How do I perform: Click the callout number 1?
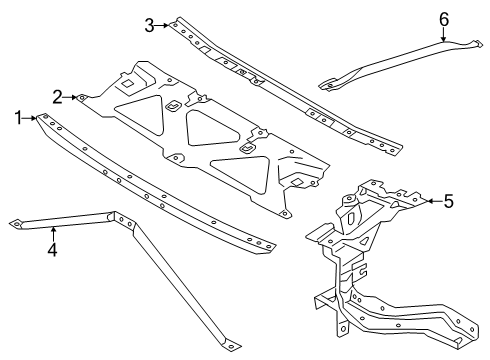click(18, 118)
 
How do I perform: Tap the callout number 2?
click(57, 97)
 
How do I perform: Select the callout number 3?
click(149, 25)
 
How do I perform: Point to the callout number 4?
click(52, 249)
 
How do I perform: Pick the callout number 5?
click(449, 201)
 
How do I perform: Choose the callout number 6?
click(444, 19)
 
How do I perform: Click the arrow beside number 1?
click(30, 118)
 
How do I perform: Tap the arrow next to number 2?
click(70, 97)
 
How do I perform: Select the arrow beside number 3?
click(162, 25)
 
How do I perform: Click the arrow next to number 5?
click(434, 201)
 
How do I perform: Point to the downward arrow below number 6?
click(443, 35)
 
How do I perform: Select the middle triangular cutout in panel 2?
click(210, 129)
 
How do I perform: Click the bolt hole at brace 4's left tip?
click(16, 224)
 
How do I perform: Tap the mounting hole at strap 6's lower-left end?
click(330, 85)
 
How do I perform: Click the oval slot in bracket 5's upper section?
click(351, 218)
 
